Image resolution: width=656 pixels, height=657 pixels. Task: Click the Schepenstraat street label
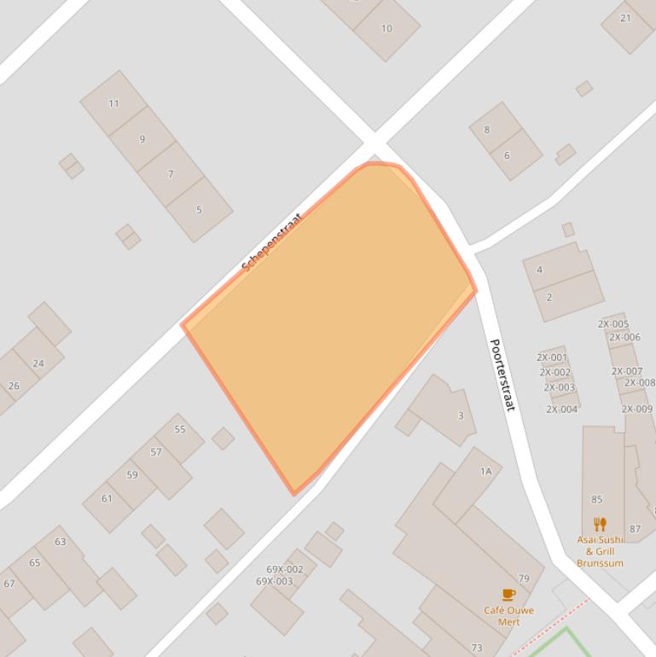272,242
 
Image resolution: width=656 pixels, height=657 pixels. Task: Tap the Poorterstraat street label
502,375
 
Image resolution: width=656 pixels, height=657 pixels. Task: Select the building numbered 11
113,103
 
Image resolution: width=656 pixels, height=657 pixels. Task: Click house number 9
142,138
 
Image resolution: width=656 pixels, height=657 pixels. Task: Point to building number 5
199,209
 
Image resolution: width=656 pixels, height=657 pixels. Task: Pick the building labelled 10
386,28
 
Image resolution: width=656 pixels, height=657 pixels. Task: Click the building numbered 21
626,18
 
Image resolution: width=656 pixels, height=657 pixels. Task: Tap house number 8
487,130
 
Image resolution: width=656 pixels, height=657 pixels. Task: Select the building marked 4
539,270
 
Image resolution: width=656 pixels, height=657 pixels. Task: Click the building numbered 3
461,416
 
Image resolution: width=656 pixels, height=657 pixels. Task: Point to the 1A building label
485,471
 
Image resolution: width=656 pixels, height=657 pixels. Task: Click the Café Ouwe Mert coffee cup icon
508,594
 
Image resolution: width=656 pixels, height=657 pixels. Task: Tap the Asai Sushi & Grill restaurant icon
600,524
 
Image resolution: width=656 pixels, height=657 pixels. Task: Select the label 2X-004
562,409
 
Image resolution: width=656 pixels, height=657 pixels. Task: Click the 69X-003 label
274,581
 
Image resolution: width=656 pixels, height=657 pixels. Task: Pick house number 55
180,429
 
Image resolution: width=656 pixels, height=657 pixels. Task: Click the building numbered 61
107,498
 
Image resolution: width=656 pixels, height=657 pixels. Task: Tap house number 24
38,363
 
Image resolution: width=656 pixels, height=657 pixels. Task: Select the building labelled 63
61,541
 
